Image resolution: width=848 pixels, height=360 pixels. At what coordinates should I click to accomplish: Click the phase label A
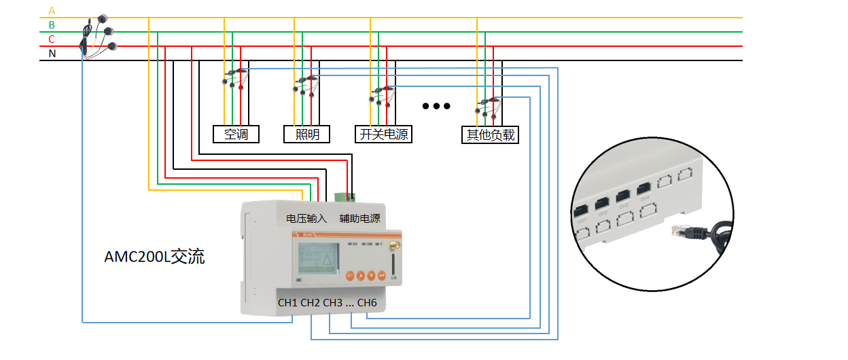coord(52,10)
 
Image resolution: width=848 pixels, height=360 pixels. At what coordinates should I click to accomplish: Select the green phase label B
coord(52,25)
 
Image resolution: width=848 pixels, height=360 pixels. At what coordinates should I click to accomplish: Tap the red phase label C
coord(52,39)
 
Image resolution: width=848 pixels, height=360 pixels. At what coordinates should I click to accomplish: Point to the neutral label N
coord(52,54)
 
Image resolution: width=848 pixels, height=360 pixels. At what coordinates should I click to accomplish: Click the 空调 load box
coord(236,134)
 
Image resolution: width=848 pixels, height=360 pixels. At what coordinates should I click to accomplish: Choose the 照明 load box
coord(306,134)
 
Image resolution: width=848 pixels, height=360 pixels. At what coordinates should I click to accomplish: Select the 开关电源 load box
coord(383,134)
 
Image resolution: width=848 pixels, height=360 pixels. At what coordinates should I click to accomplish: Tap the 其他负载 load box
coord(489,134)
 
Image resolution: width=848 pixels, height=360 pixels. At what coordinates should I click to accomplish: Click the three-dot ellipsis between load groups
coord(436,106)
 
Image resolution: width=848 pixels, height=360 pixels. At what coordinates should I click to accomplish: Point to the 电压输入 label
coord(306,219)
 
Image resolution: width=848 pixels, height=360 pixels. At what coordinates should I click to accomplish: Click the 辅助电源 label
coord(359,219)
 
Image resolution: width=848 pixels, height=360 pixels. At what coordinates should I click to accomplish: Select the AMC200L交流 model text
coord(154,257)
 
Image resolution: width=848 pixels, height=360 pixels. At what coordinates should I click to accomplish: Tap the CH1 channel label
coord(288,303)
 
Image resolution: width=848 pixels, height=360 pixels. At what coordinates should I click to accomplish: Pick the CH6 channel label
coord(367,303)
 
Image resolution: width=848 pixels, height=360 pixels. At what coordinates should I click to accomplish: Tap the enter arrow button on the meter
coord(382,275)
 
